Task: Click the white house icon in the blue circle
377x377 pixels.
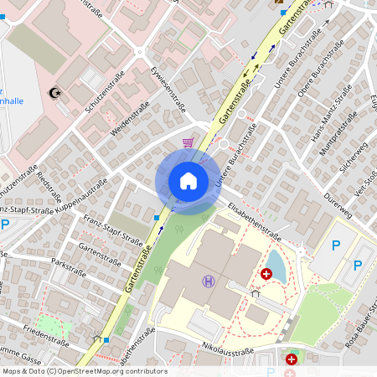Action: point(188,181)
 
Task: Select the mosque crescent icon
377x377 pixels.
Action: point(56,91)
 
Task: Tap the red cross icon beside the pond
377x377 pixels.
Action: point(266,273)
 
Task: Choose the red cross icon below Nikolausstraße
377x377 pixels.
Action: point(292,359)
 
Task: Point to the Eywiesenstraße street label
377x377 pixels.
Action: point(168,87)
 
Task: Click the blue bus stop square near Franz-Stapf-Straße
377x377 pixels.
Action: point(157,218)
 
